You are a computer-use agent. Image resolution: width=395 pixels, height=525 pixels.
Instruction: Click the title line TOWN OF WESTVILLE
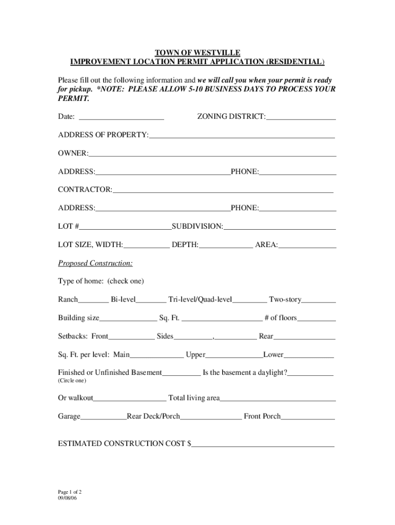(197, 53)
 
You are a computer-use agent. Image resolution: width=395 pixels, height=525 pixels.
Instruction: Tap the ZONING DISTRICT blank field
(301, 118)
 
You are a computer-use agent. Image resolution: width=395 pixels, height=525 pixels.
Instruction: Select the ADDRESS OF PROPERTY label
(103, 135)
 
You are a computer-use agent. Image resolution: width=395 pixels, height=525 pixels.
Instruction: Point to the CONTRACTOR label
(85, 190)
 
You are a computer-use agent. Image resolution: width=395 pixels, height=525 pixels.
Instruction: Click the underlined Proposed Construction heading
(95, 264)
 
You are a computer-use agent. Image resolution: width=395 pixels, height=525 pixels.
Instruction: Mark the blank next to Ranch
(93, 300)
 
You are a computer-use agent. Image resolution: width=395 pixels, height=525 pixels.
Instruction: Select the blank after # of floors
(317, 319)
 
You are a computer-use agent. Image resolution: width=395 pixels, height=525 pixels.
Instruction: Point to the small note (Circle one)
(72, 381)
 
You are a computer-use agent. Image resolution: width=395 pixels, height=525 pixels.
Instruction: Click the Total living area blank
(278, 399)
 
